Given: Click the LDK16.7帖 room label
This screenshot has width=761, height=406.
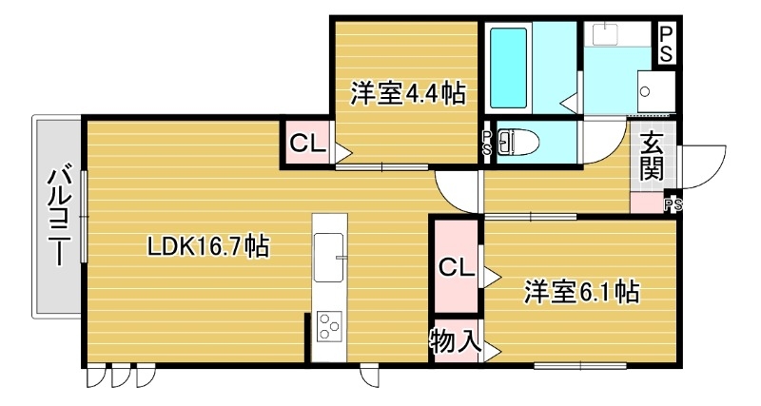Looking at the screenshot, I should pyautogui.click(x=208, y=247).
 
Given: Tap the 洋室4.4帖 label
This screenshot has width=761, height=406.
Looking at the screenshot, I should pyautogui.click(x=407, y=94).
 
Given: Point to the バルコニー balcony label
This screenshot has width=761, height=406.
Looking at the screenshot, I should pyautogui.click(x=58, y=216).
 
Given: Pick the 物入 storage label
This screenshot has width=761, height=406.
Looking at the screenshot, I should pyautogui.click(x=455, y=341).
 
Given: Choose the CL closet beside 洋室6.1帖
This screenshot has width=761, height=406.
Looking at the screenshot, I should pyautogui.click(x=457, y=269).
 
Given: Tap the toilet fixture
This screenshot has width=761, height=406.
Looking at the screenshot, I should pyautogui.click(x=518, y=144).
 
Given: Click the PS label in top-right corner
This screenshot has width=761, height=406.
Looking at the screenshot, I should pyautogui.click(x=668, y=44).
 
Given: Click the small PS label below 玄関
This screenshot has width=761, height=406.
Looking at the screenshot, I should pyautogui.click(x=673, y=203).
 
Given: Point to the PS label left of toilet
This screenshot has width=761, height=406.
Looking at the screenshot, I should pyautogui.click(x=487, y=144).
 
